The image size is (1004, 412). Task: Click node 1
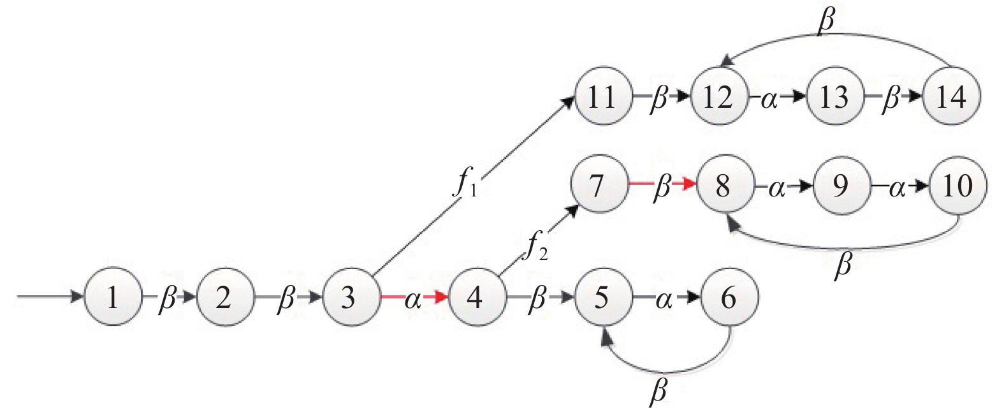click(x=113, y=297)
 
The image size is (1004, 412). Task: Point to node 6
click(x=730, y=297)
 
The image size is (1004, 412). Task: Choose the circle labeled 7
click(x=599, y=185)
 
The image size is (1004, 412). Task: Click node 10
click(x=958, y=185)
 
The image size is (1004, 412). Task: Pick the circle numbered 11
click(x=603, y=96)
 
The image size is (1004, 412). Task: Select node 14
click(x=952, y=96)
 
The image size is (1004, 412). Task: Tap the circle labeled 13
click(x=835, y=96)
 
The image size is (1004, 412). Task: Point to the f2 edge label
click(x=537, y=247)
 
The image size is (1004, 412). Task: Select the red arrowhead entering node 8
click(x=690, y=184)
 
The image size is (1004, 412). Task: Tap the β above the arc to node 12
click(x=826, y=21)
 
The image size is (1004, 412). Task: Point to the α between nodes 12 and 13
click(x=769, y=99)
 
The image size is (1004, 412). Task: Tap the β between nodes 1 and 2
click(x=167, y=298)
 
